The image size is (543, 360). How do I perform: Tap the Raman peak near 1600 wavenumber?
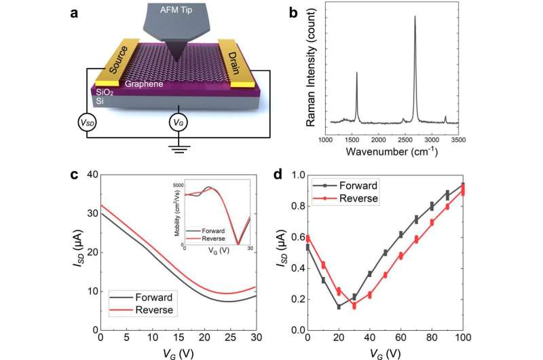[x=357, y=72]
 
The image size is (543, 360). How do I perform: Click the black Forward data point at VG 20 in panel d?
[x=338, y=306]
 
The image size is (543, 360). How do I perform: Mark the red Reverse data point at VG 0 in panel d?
[x=308, y=238]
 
